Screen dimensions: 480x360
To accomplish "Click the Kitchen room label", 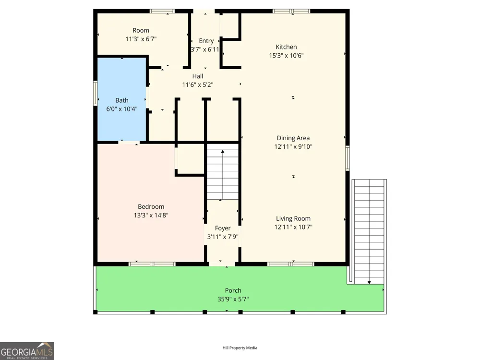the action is pyautogui.click(x=286, y=47).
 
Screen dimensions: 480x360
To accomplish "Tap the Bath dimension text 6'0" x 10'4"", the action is pyautogui.click(x=122, y=109).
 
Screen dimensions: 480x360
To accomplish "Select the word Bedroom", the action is pyautogui.click(x=151, y=206).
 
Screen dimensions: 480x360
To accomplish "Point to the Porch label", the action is pyautogui.click(x=233, y=290).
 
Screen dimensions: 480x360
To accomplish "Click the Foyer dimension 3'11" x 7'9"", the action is pyautogui.click(x=223, y=237).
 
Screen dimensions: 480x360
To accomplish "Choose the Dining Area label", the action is pyautogui.click(x=293, y=138).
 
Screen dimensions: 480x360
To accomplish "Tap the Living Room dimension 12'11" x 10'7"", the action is pyautogui.click(x=293, y=227).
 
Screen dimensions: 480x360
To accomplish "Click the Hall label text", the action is pyautogui.click(x=198, y=76).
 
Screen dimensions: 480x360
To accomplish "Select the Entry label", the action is pyautogui.click(x=206, y=41).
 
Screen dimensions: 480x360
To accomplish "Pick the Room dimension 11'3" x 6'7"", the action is pyautogui.click(x=141, y=39).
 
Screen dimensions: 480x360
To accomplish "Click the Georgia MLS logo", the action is pyautogui.click(x=27, y=351).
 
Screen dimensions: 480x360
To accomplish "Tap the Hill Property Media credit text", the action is pyautogui.click(x=240, y=348).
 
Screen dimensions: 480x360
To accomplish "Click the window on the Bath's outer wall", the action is pyautogui.click(x=95, y=93).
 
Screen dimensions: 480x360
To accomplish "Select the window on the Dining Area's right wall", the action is pyautogui.click(x=348, y=158).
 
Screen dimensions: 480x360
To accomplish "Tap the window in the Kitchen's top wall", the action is pyautogui.click(x=291, y=12).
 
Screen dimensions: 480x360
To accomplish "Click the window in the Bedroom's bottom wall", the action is pyautogui.click(x=152, y=264).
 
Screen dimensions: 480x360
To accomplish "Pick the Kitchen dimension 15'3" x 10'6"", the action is pyautogui.click(x=286, y=56).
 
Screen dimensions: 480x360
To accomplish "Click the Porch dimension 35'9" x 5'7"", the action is pyautogui.click(x=233, y=299).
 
